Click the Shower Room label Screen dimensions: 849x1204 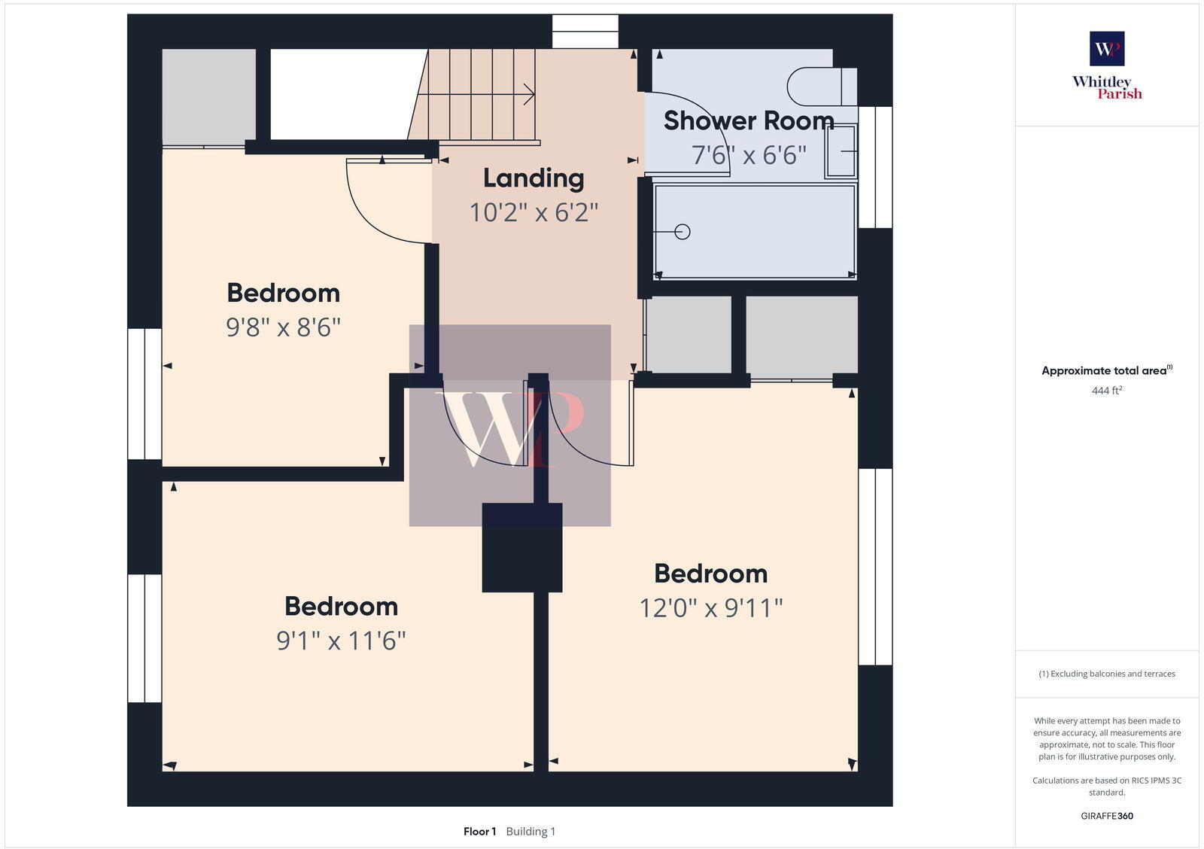point(748,121)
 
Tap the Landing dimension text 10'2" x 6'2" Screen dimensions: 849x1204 point(534,213)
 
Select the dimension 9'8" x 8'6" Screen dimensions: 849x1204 point(283,327)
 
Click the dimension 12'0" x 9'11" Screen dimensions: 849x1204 point(710,608)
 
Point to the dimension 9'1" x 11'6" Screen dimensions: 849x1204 point(341,641)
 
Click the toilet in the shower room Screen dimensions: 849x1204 point(819,87)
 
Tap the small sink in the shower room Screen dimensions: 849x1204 point(841,151)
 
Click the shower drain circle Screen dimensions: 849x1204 point(683,232)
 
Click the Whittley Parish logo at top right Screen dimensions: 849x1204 point(1107,66)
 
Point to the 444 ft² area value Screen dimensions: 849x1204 point(1106,391)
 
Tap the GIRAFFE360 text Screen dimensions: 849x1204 point(1106,816)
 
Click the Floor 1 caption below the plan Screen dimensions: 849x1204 point(479,832)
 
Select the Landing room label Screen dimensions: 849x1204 point(534,178)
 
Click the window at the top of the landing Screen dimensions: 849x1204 point(585,31)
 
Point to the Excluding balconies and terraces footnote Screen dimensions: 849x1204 point(1106,674)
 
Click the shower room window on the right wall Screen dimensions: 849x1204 point(875,167)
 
